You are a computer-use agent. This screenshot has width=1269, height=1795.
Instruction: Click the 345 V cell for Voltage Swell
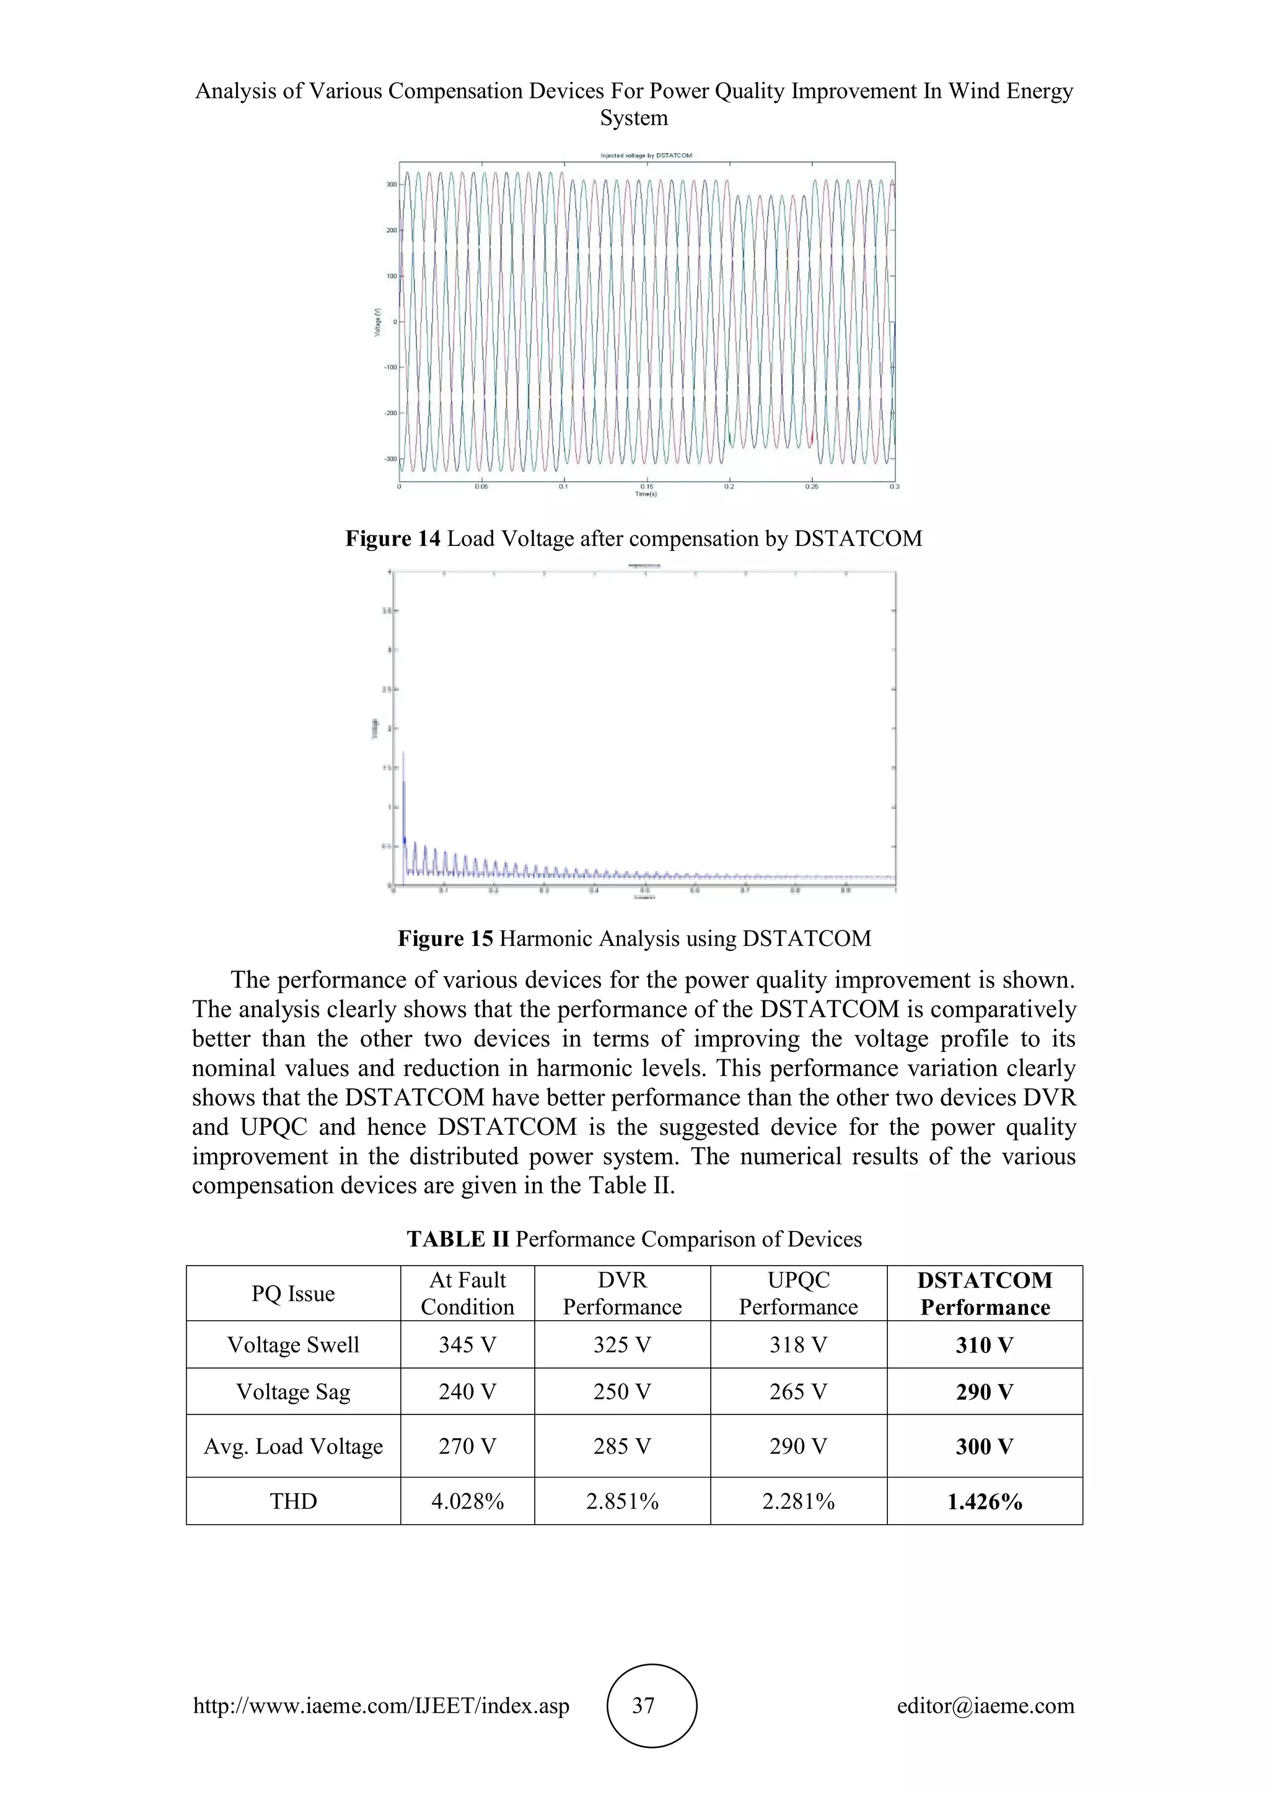click(467, 1344)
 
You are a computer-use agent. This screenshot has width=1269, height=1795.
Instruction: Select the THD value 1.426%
click(985, 1502)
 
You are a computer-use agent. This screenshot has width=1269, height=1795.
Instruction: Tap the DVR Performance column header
click(622, 1294)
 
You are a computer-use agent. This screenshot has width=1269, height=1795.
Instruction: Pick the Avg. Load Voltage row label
click(293, 1446)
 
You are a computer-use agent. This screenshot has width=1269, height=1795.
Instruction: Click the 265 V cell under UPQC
click(798, 1391)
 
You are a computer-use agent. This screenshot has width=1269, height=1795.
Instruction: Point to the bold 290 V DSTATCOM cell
click(985, 1391)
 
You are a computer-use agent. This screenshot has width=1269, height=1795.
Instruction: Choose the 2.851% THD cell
click(622, 1502)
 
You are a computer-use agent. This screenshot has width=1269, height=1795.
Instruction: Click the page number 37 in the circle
click(643, 1705)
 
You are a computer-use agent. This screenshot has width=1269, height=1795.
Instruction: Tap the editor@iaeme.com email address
click(985, 1705)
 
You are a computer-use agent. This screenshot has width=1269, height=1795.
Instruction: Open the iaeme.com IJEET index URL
click(381, 1705)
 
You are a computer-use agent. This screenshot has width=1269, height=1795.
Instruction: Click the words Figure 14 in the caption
click(393, 539)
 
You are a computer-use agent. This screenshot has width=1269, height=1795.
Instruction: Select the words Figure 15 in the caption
click(446, 938)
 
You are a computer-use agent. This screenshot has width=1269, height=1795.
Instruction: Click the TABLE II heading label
click(458, 1239)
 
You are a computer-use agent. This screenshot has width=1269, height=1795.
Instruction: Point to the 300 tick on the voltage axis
click(391, 185)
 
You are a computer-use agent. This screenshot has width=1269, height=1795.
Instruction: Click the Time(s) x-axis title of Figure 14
click(646, 494)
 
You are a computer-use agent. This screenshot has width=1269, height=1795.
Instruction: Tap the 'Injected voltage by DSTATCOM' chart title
click(646, 156)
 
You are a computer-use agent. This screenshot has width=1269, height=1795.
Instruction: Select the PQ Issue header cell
click(293, 1294)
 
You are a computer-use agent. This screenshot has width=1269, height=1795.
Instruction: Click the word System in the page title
click(634, 118)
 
